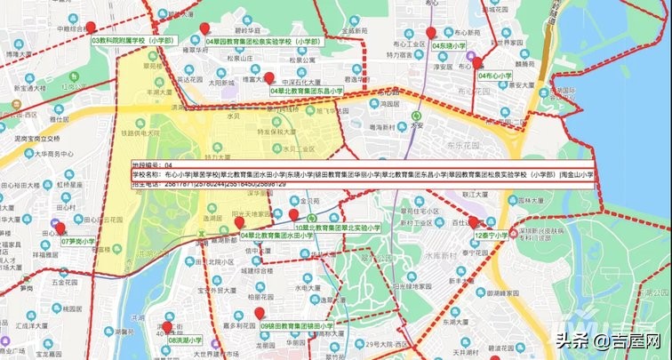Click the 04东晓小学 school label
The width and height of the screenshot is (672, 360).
pos(448,44)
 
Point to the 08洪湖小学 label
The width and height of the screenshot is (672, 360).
pos(182,340)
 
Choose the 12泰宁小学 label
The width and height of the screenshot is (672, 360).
pos(492,236)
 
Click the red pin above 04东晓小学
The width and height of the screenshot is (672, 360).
pos(430,33)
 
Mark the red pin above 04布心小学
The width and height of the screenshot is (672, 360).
pos(477,62)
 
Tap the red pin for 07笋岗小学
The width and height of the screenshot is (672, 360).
pos(58,226)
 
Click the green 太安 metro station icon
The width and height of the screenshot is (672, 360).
pos(417,116)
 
